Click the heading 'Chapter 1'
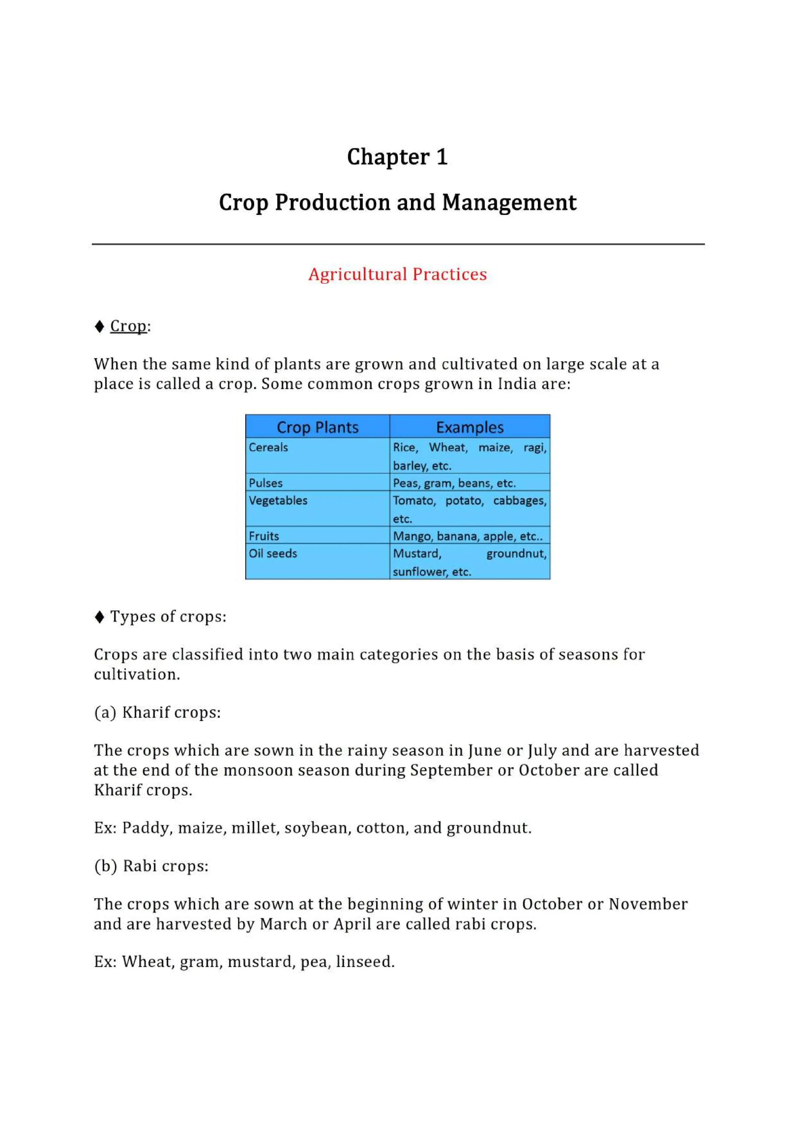[x=397, y=157]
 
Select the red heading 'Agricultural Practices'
[x=397, y=274]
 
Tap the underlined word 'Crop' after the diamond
[x=128, y=326]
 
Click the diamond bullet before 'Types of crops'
[x=99, y=617]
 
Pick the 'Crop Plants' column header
[x=317, y=427]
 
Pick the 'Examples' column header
[x=470, y=427]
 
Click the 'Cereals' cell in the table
[x=268, y=447]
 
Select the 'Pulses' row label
[x=265, y=483]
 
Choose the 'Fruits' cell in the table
[x=264, y=536]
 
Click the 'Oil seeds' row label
[x=273, y=554]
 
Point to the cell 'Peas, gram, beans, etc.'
[x=454, y=483]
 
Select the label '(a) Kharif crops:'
[x=157, y=712]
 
